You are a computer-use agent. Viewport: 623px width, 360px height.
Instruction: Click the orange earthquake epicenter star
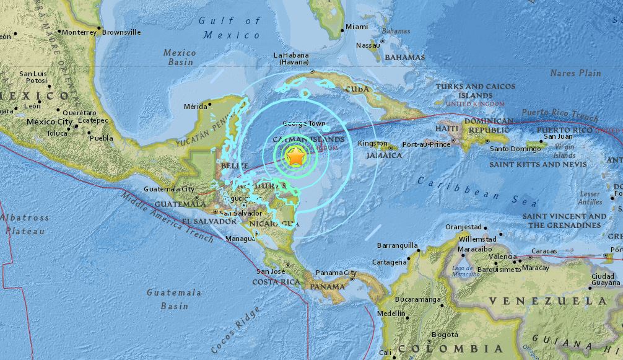296,158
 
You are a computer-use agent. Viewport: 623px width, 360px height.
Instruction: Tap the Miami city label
357,27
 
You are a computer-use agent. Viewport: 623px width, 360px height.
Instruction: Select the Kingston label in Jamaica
373,144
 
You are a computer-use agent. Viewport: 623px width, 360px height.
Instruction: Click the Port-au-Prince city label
425,144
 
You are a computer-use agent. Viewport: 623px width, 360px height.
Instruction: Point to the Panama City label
336,273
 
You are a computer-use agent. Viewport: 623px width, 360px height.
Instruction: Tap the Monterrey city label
79,32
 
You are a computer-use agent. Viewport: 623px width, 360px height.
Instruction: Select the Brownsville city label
121,32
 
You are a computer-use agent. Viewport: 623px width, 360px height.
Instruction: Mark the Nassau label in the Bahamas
368,45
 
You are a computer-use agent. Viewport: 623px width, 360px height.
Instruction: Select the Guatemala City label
169,189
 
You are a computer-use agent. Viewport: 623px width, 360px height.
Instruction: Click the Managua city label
240,238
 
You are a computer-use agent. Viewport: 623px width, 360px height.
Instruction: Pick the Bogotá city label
445,335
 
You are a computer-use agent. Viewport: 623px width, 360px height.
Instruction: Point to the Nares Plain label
575,73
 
